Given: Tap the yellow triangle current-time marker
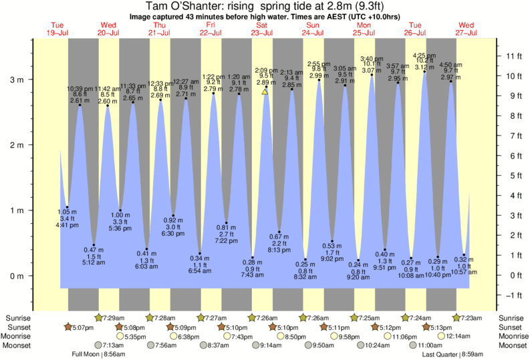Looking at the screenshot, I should [x=265, y=92].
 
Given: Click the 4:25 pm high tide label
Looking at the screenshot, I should [x=424, y=55].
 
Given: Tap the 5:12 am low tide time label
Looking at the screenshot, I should [x=94, y=262].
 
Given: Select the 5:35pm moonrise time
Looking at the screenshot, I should [x=134, y=337].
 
